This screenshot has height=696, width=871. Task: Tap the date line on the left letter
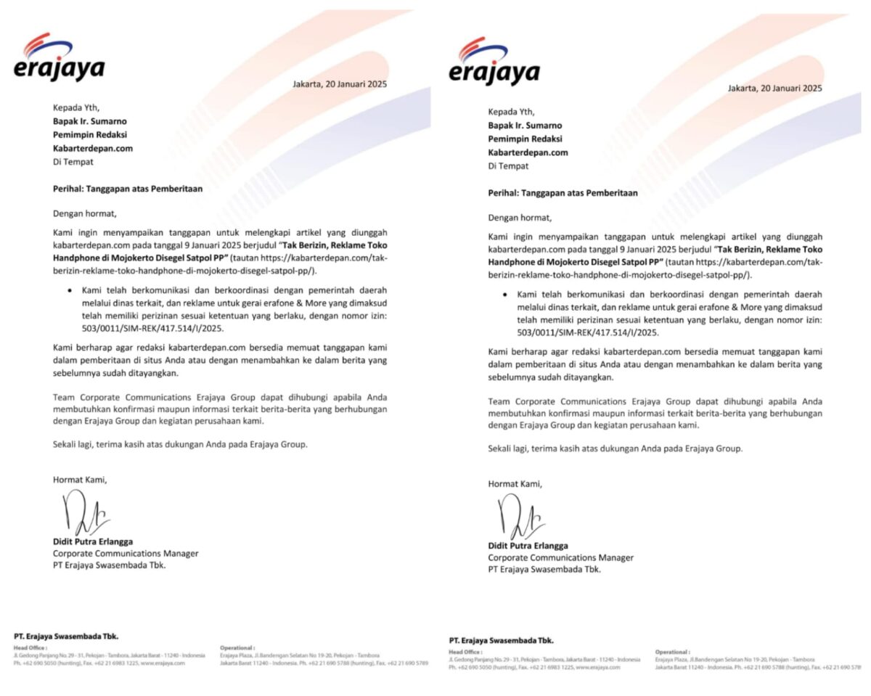click(340, 84)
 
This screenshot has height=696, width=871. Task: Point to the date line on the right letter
click(774, 89)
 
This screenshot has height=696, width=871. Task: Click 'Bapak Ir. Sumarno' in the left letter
click(90, 121)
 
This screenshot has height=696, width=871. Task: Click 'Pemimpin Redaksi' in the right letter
click(525, 139)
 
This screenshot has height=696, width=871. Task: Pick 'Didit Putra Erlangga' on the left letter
click(93, 541)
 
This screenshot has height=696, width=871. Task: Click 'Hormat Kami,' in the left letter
click(79, 480)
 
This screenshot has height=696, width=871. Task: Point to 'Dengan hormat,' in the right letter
click(520, 218)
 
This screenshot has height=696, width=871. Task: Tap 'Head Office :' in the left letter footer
click(30, 648)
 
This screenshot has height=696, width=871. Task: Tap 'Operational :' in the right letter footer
click(673, 652)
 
